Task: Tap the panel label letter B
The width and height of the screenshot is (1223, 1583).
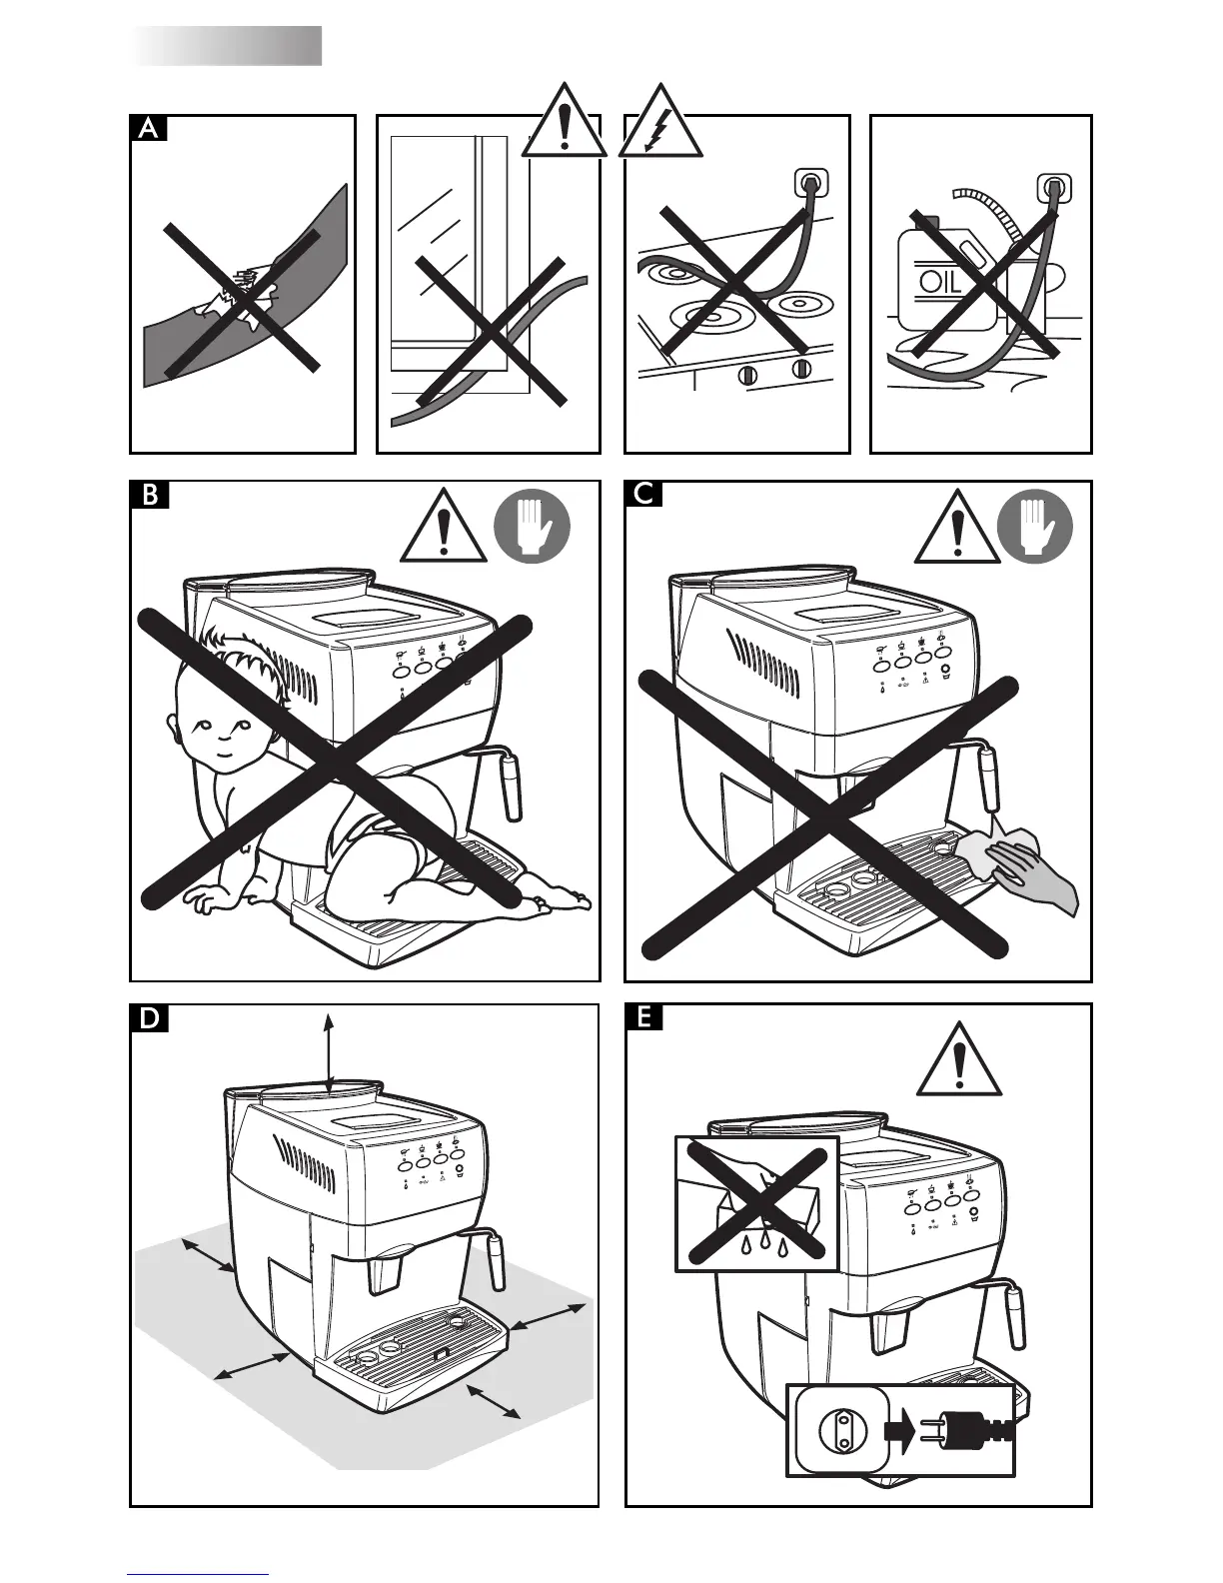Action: (x=149, y=496)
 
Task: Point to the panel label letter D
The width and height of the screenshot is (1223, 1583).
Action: (x=149, y=1019)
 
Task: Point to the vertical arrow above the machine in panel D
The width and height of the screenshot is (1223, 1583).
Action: (x=329, y=1049)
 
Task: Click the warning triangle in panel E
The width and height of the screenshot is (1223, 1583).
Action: (x=959, y=1062)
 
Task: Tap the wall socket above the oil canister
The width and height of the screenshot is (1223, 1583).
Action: (x=1053, y=187)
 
